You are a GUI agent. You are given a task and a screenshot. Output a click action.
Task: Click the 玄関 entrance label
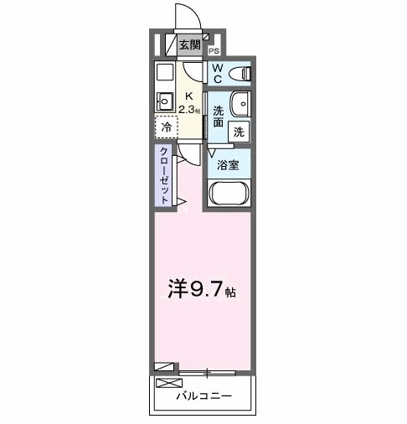188,44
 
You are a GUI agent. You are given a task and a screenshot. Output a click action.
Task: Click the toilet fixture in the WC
240,72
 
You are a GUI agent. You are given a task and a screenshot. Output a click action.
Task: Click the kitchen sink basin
163,102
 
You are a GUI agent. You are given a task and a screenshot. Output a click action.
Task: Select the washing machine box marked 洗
240,131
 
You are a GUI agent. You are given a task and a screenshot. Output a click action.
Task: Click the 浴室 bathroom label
228,164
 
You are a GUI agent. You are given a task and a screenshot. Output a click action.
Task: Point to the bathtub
228,194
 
